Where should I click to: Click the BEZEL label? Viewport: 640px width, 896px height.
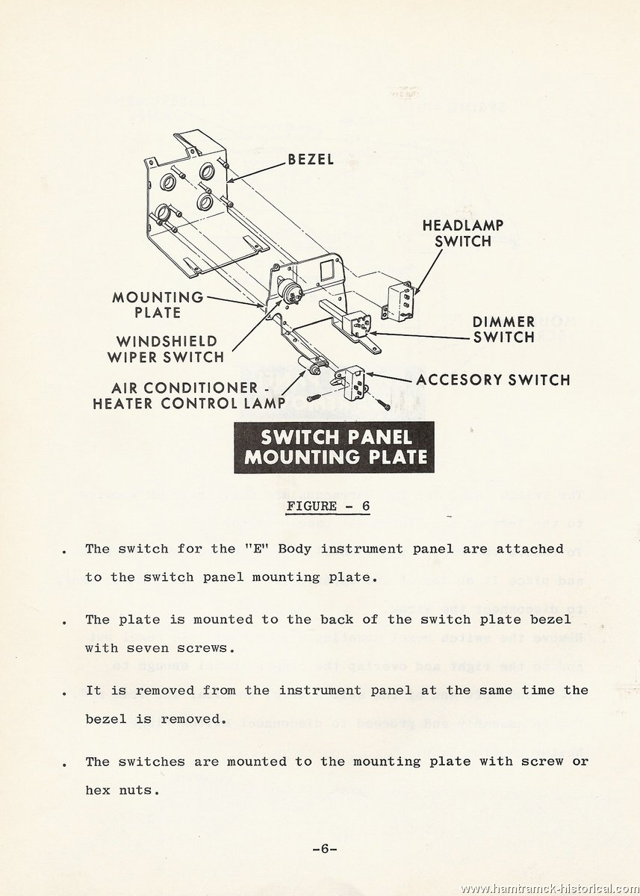tap(311, 160)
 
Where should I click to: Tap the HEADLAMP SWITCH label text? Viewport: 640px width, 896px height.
tap(463, 233)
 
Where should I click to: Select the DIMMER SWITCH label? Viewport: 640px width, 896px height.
tap(503, 329)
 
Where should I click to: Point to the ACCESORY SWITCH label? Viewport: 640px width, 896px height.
tap(493, 379)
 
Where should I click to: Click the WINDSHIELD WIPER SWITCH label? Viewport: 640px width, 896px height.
tap(166, 349)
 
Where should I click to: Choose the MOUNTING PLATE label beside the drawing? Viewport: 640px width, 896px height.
tap(158, 305)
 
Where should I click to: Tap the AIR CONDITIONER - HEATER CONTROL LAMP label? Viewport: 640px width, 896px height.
tap(188, 396)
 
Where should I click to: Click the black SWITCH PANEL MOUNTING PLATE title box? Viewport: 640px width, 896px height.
tap(334, 447)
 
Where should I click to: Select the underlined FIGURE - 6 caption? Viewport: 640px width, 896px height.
tap(329, 506)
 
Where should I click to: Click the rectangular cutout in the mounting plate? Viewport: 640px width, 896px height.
tap(328, 270)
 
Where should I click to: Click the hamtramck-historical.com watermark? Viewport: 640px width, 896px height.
tap(550, 889)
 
